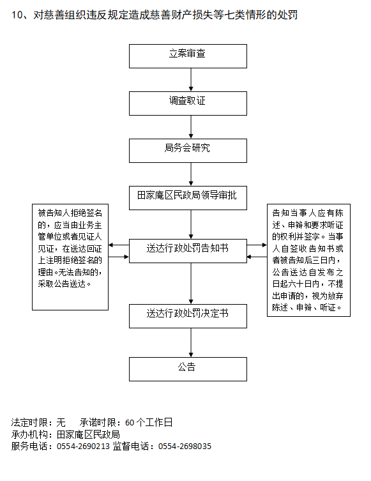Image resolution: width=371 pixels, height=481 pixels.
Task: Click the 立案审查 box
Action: [188, 56]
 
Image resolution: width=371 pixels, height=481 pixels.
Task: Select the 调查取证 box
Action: [188, 103]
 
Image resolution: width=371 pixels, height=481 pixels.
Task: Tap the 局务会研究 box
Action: [188, 151]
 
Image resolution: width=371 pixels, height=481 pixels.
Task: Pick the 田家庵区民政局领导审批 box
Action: [188, 198]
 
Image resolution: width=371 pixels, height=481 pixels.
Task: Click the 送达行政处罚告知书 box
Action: [188, 251]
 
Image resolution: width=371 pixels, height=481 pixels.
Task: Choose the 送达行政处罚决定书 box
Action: [188, 316]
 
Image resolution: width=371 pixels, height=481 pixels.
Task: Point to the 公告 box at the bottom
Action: [188, 369]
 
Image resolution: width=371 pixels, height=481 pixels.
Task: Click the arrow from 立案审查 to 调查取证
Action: [191, 80]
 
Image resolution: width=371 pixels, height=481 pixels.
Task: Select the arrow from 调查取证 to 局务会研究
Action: [191, 127]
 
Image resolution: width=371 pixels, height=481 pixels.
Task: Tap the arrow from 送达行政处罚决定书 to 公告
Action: [191, 342]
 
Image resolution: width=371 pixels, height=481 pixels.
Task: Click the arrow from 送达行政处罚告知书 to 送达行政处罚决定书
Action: [191, 284]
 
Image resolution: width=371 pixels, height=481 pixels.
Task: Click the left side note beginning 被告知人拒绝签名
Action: [70, 257]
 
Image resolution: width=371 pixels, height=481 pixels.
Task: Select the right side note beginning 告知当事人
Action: [308, 260]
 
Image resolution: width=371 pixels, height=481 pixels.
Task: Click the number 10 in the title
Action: [17, 15]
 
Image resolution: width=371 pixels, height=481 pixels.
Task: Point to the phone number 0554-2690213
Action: [83, 446]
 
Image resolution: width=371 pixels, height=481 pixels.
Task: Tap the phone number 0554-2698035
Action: [185, 446]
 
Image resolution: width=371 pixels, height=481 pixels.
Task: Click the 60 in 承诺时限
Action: [130, 423]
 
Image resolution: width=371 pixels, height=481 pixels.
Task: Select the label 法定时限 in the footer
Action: [29, 423]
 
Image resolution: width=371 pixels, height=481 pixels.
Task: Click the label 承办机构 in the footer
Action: [29, 434]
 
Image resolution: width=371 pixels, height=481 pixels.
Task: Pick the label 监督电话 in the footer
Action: [131, 446]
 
